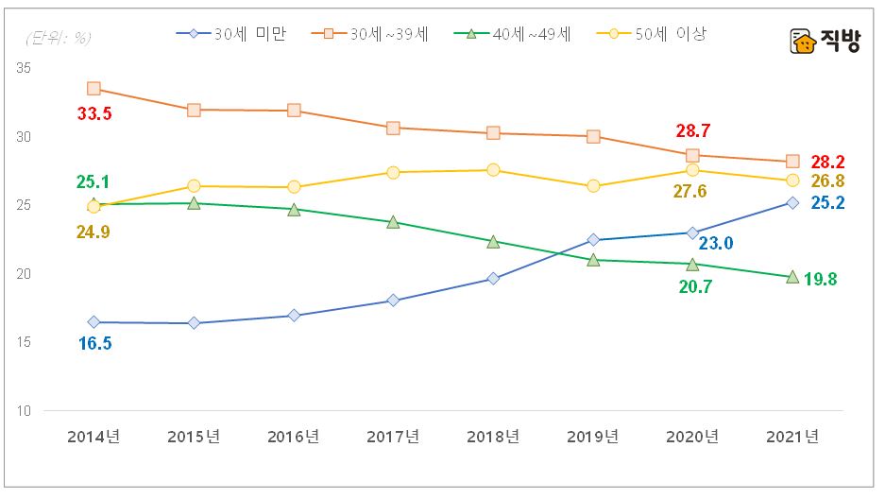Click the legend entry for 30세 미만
click(x=230, y=34)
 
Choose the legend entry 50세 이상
click(x=654, y=34)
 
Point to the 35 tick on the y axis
click(x=23, y=69)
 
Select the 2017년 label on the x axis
click(x=393, y=437)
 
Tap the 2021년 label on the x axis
click(x=793, y=437)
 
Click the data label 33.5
click(x=94, y=113)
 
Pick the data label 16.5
click(x=94, y=343)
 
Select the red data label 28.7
click(x=692, y=131)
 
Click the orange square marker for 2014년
click(x=94, y=89)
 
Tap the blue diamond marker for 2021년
click(x=792, y=202)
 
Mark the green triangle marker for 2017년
click(x=393, y=222)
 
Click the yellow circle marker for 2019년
click(x=593, y=186)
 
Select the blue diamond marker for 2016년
click(x=294, y=316)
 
